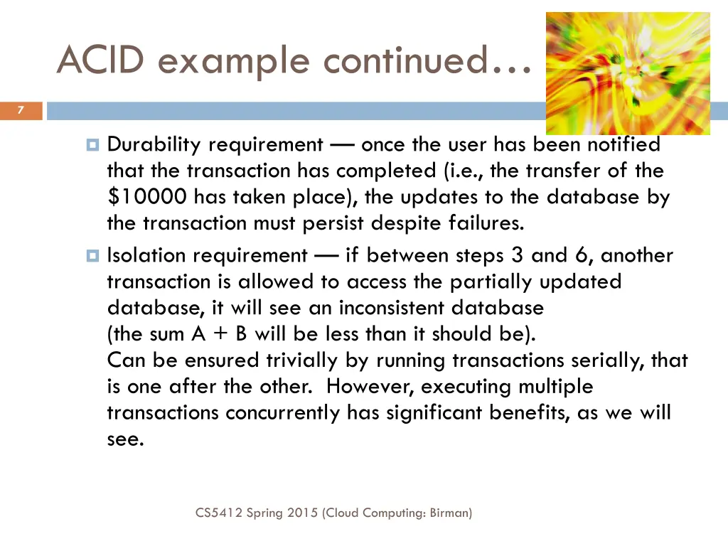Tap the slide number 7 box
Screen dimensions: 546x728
tap(21, 110)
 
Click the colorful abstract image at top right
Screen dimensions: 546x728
tap(628, 73)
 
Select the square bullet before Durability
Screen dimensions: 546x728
tap(92, 145)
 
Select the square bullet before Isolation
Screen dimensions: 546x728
tap(92, 255)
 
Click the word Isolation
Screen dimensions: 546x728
tap(146, 255)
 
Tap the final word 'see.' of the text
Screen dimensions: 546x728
tap(125, 439)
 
